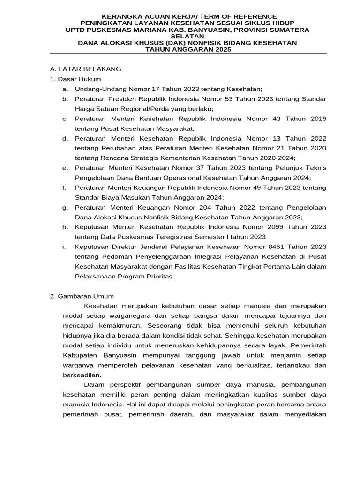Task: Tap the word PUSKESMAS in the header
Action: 103,30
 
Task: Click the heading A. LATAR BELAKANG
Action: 86,69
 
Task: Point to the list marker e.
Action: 65,168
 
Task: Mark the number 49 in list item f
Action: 253,187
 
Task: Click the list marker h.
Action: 65,227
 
